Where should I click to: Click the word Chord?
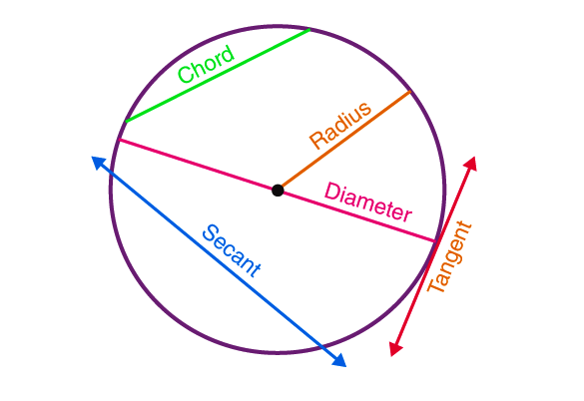coord(206,63)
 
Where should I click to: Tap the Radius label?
coord(340,125)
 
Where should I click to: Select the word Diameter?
coord(368,202)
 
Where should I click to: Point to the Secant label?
coord(232,250)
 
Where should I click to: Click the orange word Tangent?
coord(449,257)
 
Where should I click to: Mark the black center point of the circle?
coord(278,191)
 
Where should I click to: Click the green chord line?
coord(218,75)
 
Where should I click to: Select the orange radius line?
coord(344,140)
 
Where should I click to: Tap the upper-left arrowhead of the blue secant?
coord(99,163)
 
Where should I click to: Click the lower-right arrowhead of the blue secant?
coord(339,360)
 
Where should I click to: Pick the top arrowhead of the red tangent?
coord(470,164)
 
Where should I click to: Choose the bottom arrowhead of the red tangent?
coord(395,349)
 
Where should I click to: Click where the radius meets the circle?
coord(410,91)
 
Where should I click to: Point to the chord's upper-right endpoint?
coord(309,29)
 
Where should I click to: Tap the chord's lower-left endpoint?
coord(127,121)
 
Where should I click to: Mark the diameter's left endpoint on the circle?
coord(120,140)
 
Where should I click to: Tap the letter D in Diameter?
coord(331,192)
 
